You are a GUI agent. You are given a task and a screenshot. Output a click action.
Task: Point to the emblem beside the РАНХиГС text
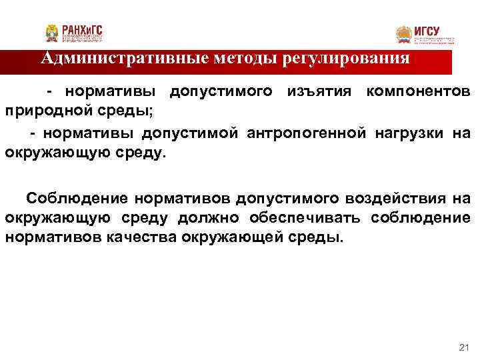point(52,33)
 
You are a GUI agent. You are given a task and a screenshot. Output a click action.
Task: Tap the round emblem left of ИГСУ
point(404,35)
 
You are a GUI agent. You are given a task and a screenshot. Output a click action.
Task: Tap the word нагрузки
point(408,133)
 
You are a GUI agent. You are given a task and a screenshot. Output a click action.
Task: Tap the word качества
point(141,237)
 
